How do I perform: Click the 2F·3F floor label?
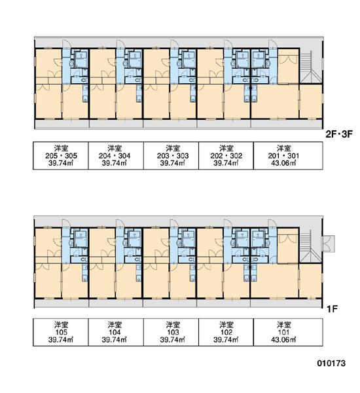(339, 134)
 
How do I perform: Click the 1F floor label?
(333, 309)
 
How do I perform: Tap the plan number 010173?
(331, 363)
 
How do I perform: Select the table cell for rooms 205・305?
(61, 156)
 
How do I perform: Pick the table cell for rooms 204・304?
(116, 156)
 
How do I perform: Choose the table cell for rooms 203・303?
(171, 156)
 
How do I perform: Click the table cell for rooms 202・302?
(226, 156)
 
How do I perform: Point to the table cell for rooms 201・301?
(288, 156)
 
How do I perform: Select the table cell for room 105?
(61, 332)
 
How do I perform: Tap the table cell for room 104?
(116, 332)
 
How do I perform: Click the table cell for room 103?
(171, 332)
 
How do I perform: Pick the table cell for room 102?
(226, 332)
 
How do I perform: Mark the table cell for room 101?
(288, 332)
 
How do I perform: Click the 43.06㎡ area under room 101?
(283, 339)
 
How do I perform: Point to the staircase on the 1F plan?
(310, 247)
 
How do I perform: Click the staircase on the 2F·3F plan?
(310, 67)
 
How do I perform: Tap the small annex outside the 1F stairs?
(329, 244)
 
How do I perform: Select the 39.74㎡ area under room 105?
(61, 339)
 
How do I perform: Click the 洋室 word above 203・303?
(173, 148)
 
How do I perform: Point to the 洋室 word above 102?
(226, 325)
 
